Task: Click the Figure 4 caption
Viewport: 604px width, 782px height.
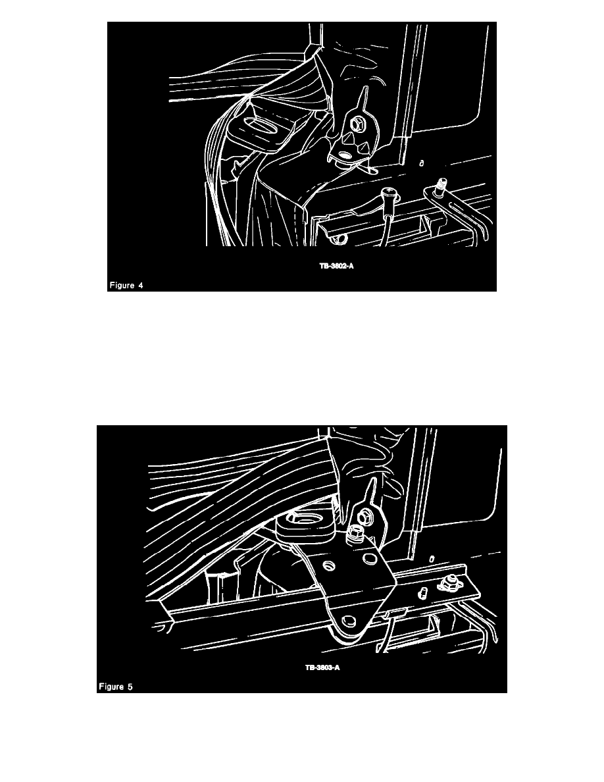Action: (x=126, y=285)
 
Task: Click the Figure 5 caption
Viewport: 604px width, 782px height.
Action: (x=116, y=687)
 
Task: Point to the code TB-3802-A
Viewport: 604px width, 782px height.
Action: (x=336, y=266)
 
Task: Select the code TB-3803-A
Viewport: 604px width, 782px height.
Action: (x=322, y=667)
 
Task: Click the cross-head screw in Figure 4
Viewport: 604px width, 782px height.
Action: (x=388, y=192)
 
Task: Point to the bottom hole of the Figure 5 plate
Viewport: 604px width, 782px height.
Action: (x=349, y=621)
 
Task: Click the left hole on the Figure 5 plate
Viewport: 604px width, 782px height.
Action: (x=328, y=565)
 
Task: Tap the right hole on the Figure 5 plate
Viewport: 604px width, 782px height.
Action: (x=369, y=557)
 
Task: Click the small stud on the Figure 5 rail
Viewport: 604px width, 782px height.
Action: (x=422, y=592)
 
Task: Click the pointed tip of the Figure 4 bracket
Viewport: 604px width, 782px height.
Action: (x=366, y=88)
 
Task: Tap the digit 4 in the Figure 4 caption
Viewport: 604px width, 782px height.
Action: (x=141, y=285)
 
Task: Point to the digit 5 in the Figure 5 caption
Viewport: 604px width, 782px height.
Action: (x=130, y=687)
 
